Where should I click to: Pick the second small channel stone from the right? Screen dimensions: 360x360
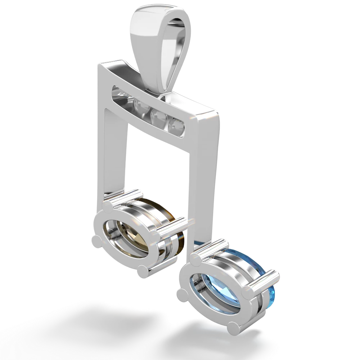[x=158, y=116]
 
